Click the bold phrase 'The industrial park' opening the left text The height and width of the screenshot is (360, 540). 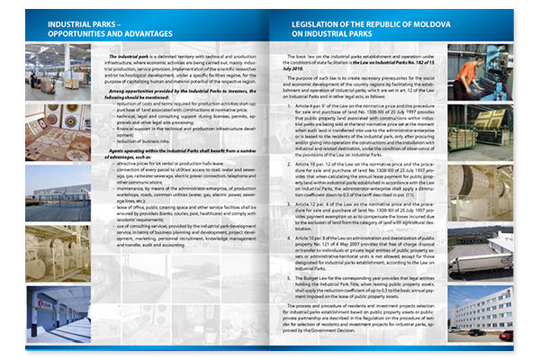click(129, 56)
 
